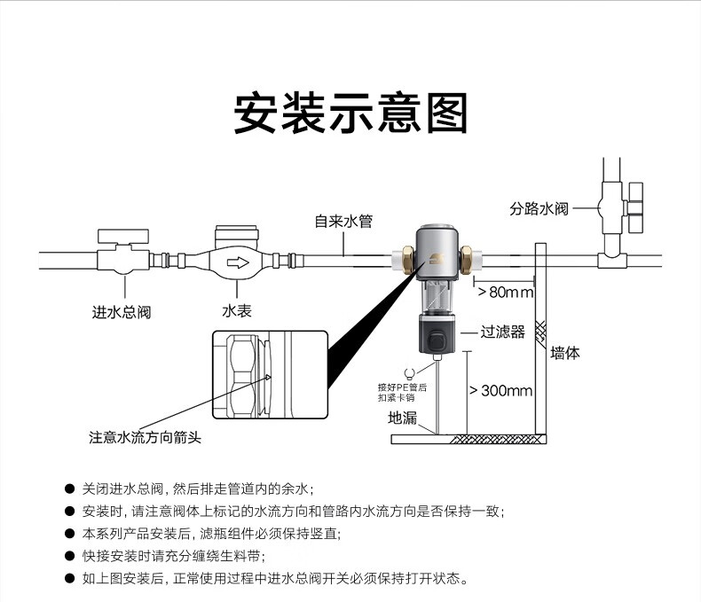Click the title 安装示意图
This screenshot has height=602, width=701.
coord(350,113)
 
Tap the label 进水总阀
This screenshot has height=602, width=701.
coord(122,311)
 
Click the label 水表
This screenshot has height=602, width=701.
coord(237,311)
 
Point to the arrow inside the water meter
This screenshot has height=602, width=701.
coord(238,262)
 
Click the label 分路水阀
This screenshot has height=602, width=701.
coord(540,209)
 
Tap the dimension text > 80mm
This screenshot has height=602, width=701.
coord(506,292)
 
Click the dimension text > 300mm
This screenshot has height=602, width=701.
coord(500,390)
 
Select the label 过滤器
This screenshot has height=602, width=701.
coord(503,332)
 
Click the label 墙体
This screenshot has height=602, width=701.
coord(565,353)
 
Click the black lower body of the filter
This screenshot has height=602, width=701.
coord(436,338)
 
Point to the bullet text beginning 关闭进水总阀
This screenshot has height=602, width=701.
coord(198,489)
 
